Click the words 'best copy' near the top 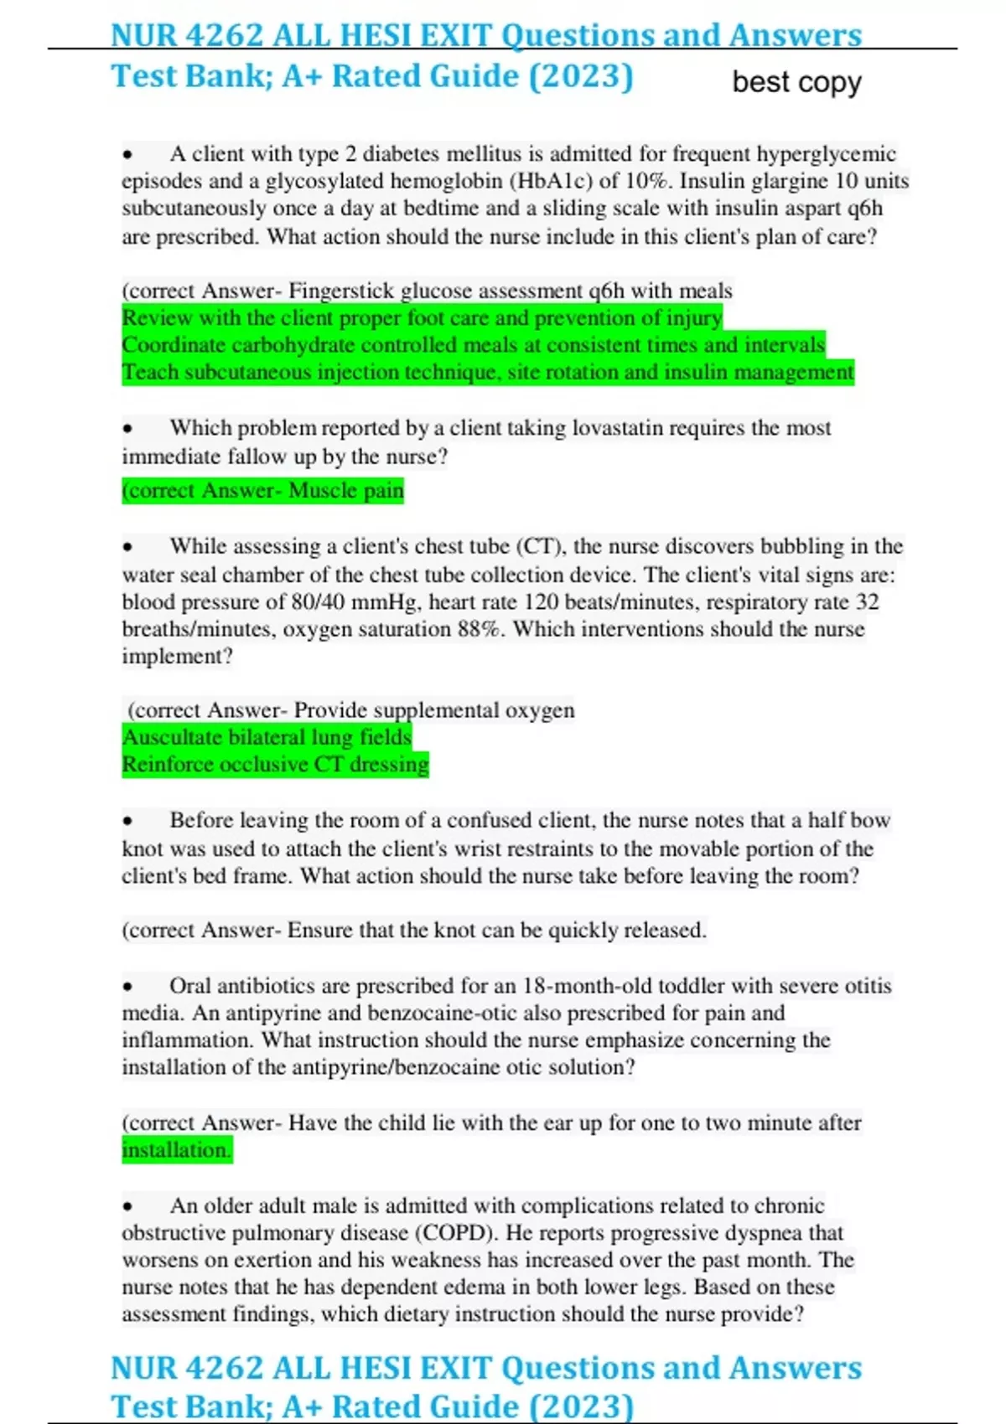[796, 82]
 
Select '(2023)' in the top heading [580, 76]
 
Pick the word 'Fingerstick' [341, 291]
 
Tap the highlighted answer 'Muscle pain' [345, 490]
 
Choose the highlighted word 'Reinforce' [172, 765]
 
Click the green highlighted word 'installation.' [176, 1150]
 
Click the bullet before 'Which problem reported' [127, 429]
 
